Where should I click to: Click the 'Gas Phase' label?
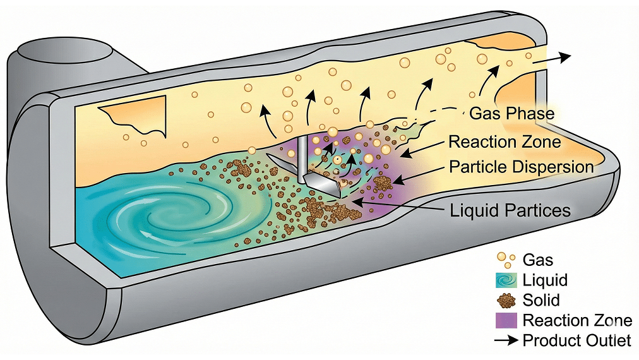pos(511,114)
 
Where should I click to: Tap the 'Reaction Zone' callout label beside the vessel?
pos(504,141)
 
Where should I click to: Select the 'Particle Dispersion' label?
pos(521,167)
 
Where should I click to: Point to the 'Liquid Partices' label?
pos(510,210)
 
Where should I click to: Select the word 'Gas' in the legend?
pos(538,260)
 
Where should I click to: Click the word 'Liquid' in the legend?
pos(545,280)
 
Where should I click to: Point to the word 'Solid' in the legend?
pos(541,300)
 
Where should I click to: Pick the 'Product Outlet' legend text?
pos(576,340)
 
